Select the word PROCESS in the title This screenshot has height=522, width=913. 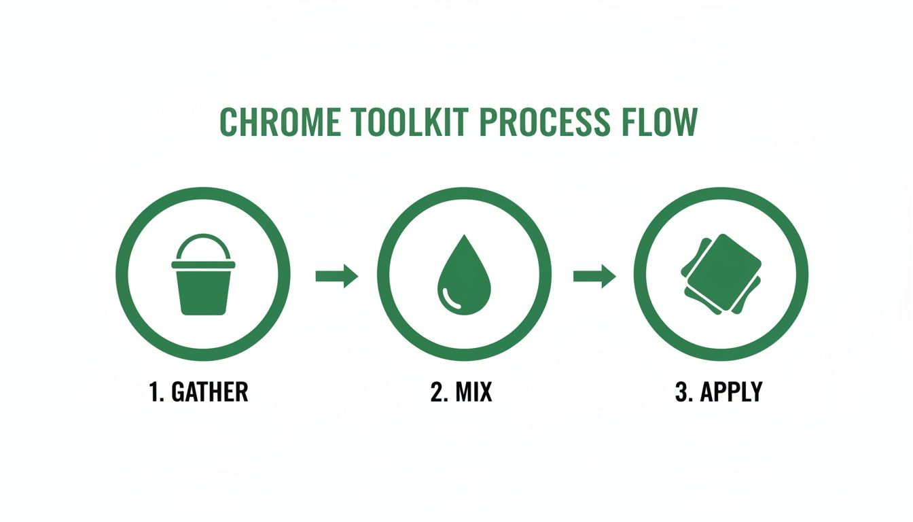pos(537,122)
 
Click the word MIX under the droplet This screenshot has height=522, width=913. pos(473,392)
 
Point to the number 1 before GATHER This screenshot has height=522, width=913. pos(154,392)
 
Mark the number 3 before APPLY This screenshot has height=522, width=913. pos(681,392)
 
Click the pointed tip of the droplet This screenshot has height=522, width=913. pos(463,238)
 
